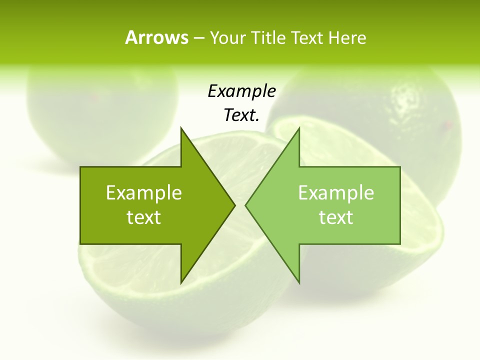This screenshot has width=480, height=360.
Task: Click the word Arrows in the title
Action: coord(156,37)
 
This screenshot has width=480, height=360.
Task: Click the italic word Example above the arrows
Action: coord(241,91)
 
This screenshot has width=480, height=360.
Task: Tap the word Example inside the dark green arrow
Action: coord(144,193)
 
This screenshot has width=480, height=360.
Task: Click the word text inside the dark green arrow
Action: coord(144,217)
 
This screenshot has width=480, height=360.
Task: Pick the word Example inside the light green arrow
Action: coord(336,193)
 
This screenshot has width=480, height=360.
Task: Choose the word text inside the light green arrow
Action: coord(336,217)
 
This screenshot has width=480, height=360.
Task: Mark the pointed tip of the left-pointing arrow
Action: coord(246,205)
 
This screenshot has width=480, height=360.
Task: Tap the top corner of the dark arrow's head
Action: coord(181,128)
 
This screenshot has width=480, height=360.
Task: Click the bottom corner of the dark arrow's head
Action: coord(181,282)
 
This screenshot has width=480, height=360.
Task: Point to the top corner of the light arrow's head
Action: coord(299,128)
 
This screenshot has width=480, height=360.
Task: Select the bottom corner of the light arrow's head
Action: coord(299,282)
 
